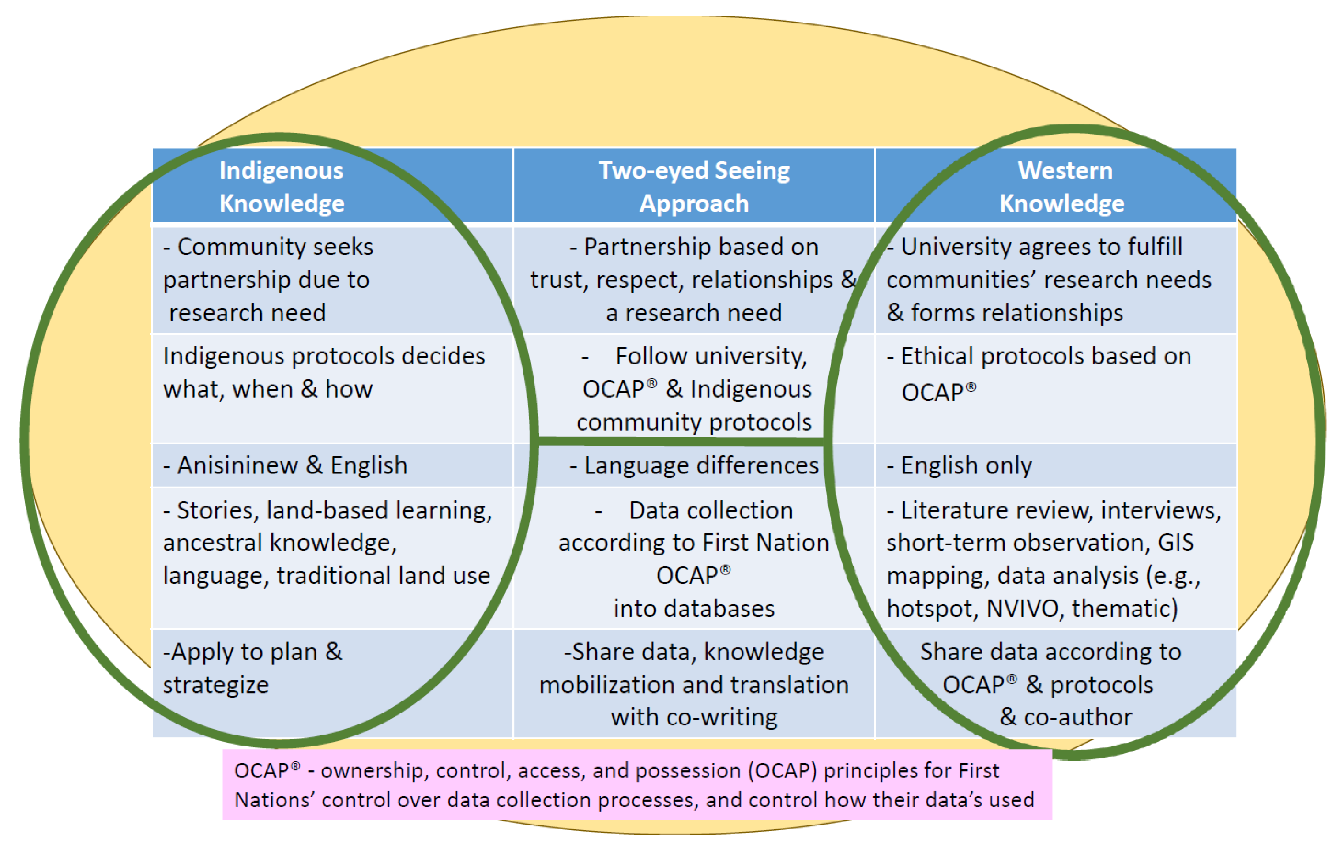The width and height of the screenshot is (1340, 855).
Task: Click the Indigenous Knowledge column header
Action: pos(282,186)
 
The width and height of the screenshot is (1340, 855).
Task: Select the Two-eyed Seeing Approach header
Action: pos(694,186)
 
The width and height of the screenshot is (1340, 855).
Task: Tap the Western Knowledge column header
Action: pos(1063,186)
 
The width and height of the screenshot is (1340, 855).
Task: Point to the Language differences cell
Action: pos(694,465)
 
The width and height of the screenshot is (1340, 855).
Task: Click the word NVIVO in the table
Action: pos(1023,608)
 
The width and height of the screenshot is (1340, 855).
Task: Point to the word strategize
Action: pos(216,685)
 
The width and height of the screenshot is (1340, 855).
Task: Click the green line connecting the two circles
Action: pos(681,441)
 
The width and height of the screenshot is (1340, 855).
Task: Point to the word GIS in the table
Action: pos(1175,542)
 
